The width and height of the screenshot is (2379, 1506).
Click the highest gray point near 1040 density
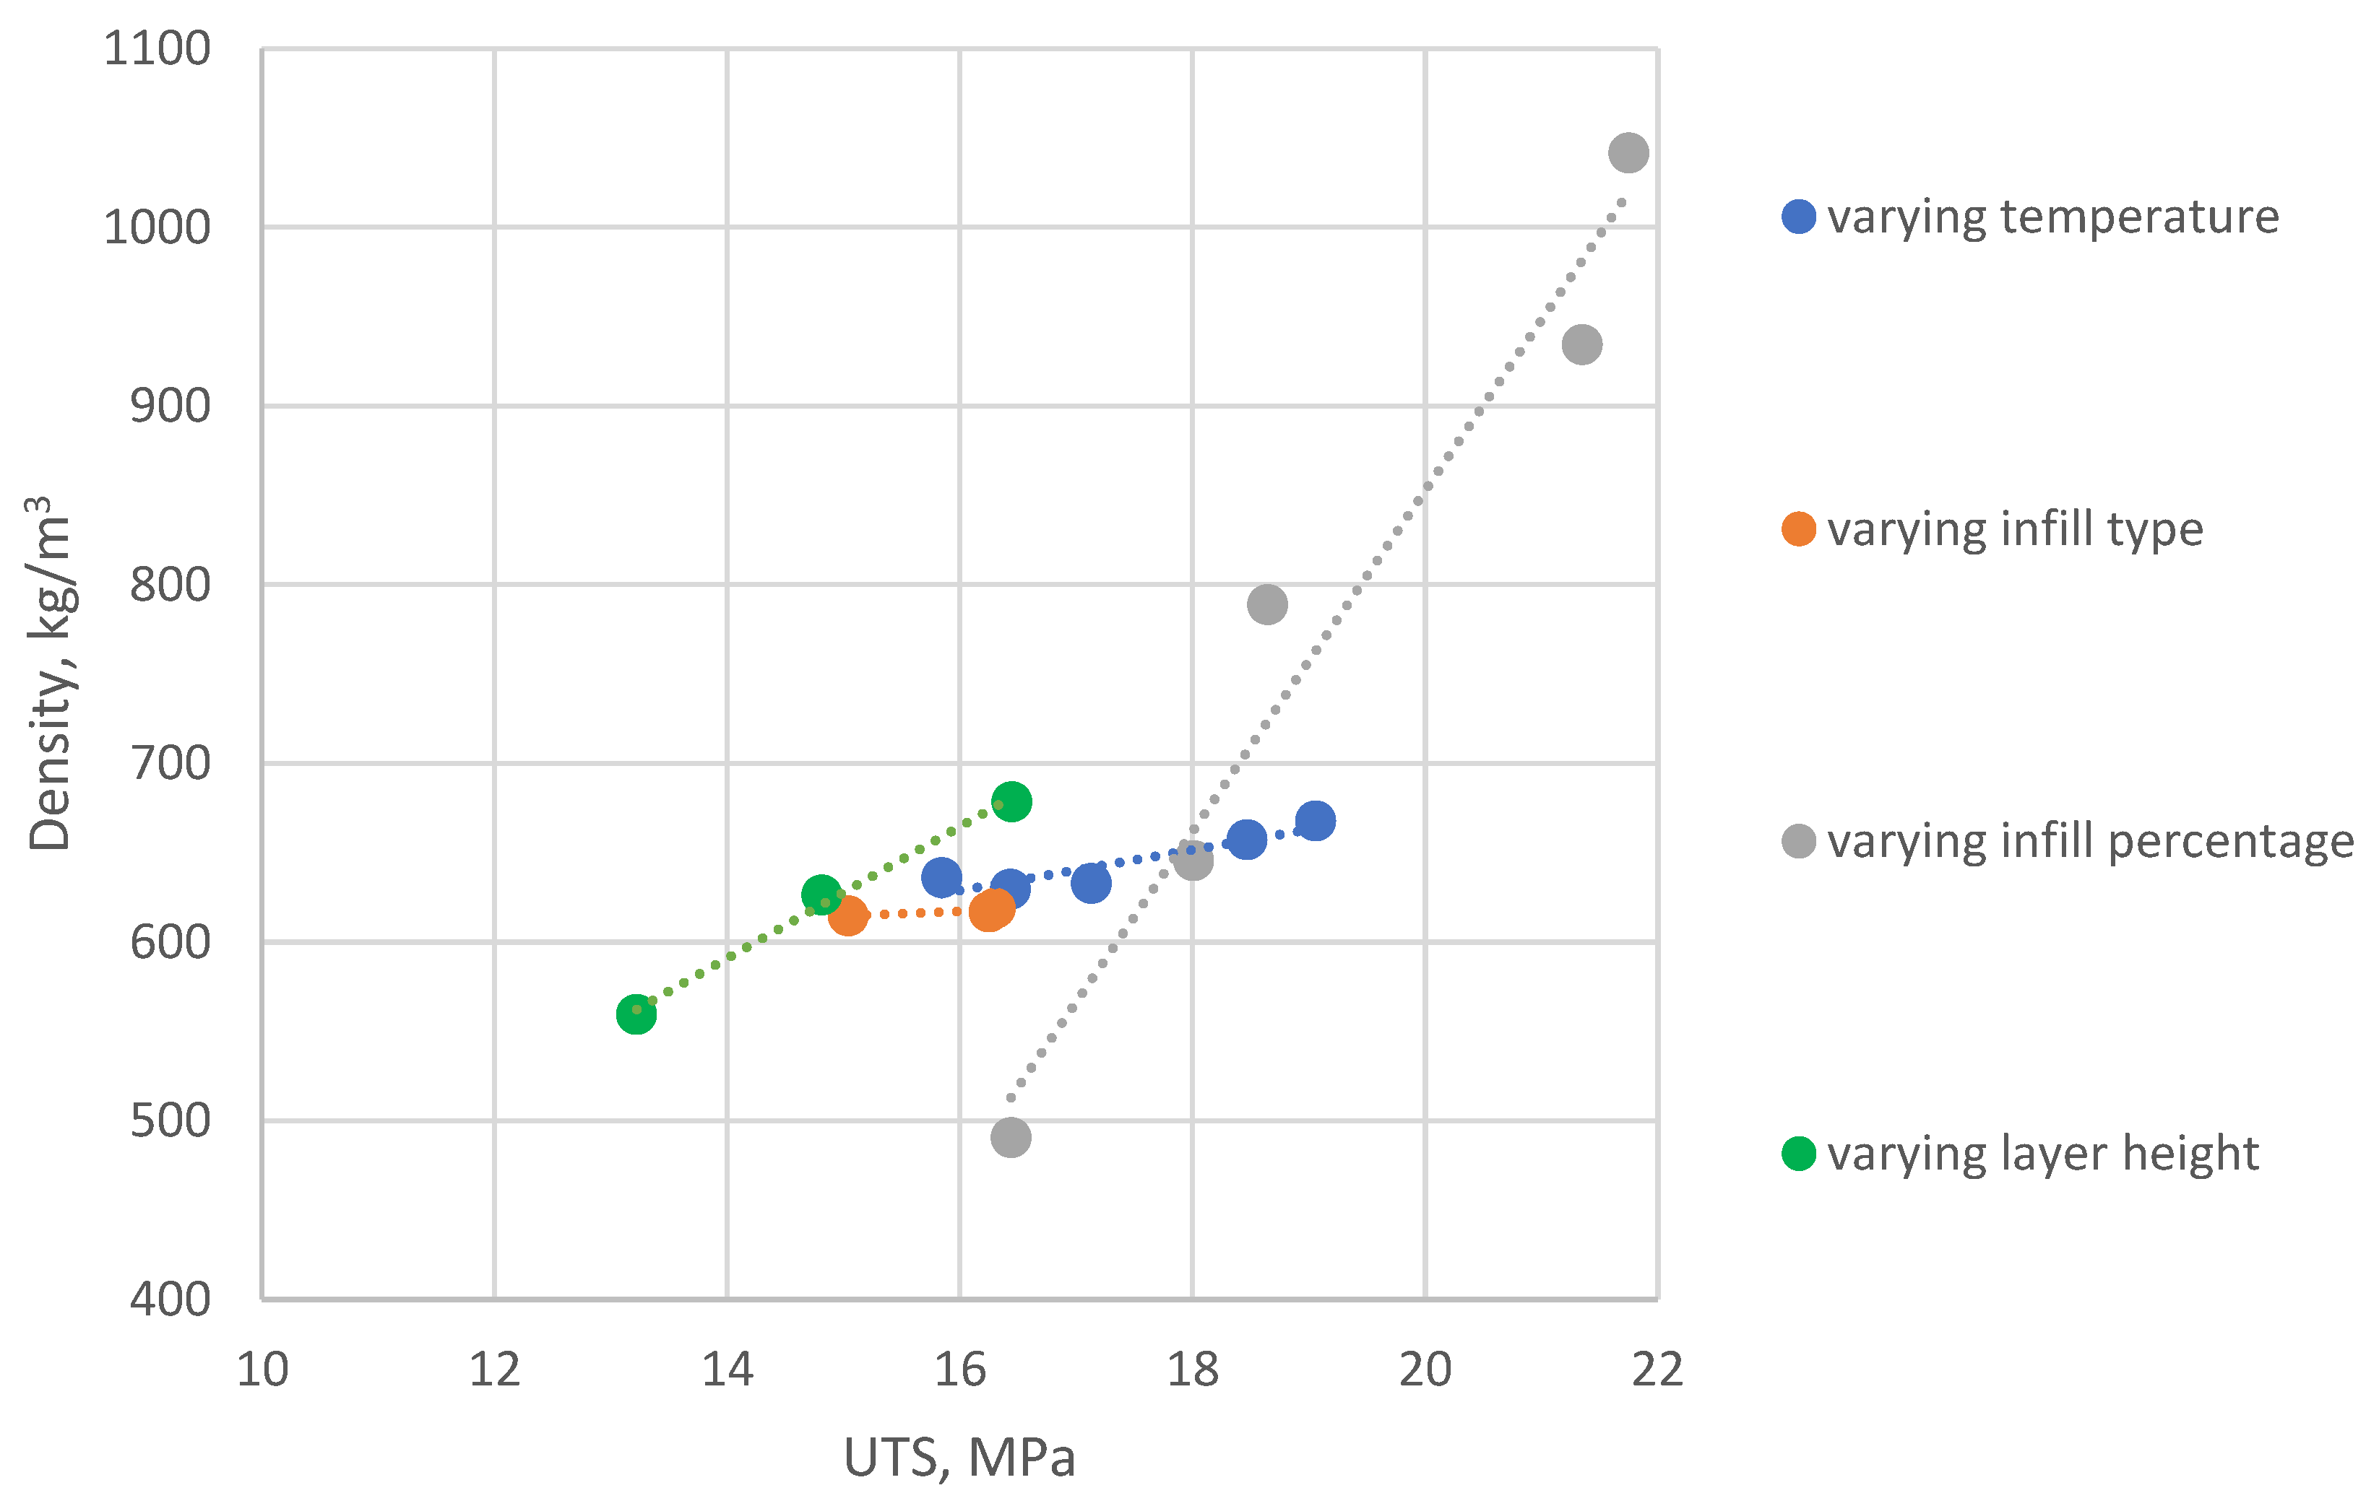(1628, 153)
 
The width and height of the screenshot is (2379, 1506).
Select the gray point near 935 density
(1581, 344)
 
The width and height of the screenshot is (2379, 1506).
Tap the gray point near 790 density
(1266, 604)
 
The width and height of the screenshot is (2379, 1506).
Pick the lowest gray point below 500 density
(1011, 1138)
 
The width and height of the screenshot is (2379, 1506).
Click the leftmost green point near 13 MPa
(636, 1014)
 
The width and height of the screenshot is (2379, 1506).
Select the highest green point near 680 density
(1011, 801)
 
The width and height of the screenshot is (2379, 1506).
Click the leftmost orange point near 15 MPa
(847, 916)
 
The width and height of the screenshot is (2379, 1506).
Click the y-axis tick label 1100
(157, 49)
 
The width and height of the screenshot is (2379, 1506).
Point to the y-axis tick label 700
(170, 763)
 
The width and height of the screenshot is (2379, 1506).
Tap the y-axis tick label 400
(170, 1300)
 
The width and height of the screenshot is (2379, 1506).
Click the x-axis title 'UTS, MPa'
(959, 1458)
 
